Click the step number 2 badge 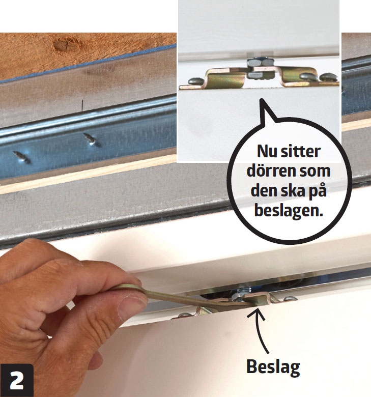pos(17,380)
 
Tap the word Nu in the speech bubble pos(267,151)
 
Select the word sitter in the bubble pos(301,151)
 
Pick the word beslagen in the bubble pos(289,211)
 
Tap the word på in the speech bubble pos(316,191)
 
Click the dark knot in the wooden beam pos(65,45)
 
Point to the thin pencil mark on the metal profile pos(82,105)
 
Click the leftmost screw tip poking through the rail pos(22,157)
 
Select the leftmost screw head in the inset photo pos(195,81)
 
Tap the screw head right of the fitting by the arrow pos(290,299)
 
